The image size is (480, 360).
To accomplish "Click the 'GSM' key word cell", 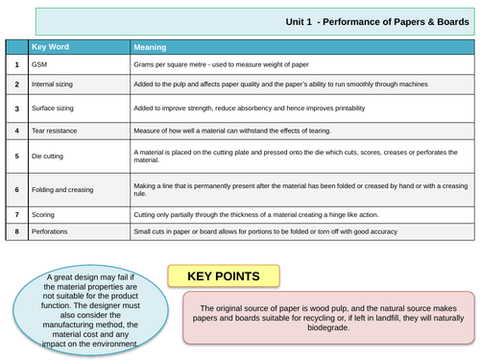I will (x=39, y=63).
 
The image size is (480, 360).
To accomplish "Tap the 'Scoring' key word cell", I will (x=44, y=214).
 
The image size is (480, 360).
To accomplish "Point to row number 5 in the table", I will (x=17, y=154).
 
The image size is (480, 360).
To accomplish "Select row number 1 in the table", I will (x=17, y=63).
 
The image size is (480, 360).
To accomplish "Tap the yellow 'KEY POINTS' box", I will (x=225, y=276).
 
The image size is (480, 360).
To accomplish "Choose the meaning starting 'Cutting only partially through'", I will (x=264, y=214).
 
